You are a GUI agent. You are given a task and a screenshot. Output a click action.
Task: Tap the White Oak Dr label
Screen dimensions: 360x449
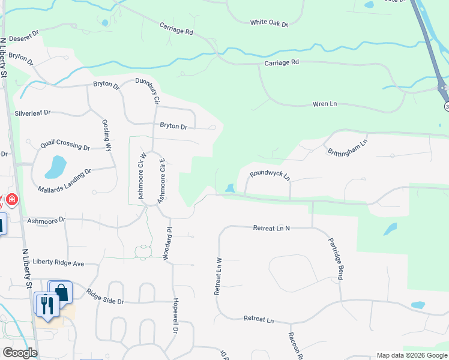point(270,23)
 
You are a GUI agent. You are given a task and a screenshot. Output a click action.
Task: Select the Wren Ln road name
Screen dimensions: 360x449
point(325,104)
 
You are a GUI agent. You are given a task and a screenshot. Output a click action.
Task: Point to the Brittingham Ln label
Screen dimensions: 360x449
point(346,147)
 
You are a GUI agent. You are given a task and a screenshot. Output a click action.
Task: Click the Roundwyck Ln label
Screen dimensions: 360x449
point(270,175)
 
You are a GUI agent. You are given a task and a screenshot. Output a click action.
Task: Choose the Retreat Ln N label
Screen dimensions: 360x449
point(271,228)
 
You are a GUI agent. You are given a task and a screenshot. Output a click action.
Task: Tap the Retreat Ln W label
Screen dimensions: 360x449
point(218,275)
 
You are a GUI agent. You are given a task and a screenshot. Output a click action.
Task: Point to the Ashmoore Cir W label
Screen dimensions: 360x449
point(142,175)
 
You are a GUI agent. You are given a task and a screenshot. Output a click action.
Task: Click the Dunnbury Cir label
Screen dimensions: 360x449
point(146,91)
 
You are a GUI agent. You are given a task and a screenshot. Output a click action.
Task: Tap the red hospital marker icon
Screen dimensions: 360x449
point(12,199)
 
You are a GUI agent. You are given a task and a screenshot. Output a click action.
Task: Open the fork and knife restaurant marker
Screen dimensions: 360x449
point(46,304)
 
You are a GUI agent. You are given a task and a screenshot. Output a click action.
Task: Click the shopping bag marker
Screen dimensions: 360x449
point(61,292)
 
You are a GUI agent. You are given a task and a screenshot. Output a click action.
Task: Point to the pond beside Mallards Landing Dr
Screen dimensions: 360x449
point(56,167)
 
